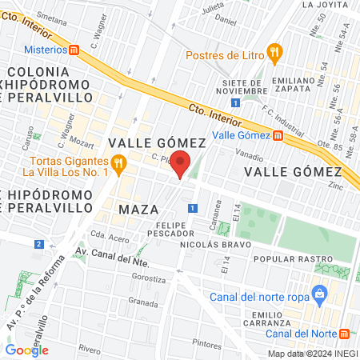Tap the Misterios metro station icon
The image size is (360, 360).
74,50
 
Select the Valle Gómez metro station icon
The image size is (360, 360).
278,136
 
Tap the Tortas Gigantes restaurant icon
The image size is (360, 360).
119,166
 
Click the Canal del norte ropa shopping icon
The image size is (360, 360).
321,294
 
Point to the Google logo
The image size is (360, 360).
26,350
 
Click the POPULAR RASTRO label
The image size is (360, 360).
292,260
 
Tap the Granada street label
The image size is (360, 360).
143,303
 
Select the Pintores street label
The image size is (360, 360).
206,343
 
